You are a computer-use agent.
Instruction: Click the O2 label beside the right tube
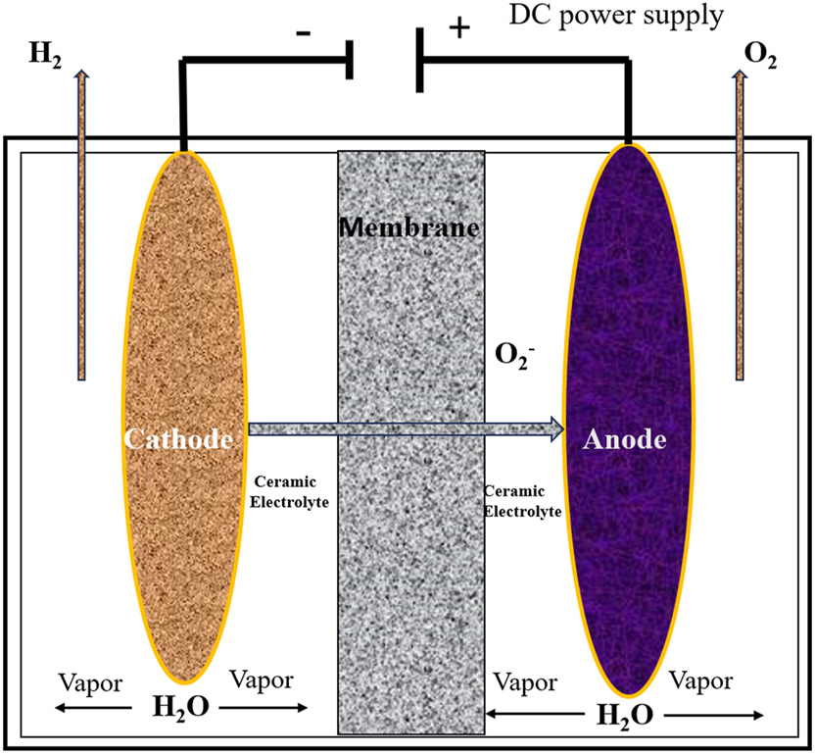[x=761, y=55]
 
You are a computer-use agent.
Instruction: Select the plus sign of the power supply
[x=457, y=27]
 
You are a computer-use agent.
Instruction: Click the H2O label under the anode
[x=626, y=714]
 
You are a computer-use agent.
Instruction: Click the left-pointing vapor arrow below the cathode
[x=93, y=707]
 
